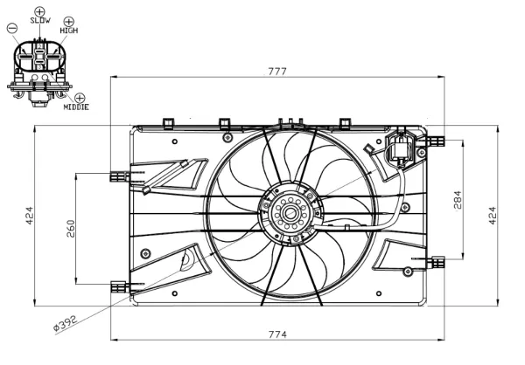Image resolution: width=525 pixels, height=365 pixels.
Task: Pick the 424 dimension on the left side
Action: (29, 216)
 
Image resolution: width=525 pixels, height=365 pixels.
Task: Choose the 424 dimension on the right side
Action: (492, 216)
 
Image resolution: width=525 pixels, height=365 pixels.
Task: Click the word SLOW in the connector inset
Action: (40, 21)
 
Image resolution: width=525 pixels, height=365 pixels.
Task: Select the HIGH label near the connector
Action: (69, 30)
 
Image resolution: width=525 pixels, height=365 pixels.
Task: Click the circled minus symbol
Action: (11, 28)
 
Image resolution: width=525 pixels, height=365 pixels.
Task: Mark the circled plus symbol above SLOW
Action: (39, 10)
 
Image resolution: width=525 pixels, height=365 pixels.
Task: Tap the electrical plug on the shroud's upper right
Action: (402, 148)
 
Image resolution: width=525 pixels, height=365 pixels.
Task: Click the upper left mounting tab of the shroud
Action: (117, 176)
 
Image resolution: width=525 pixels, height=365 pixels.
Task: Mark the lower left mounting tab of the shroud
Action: (117, 285)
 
